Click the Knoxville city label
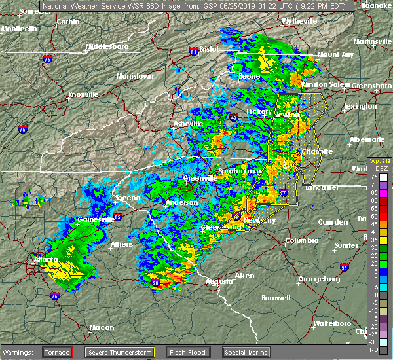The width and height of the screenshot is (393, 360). click(x=83, y=94)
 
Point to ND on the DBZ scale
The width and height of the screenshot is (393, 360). click(x=383, y=349)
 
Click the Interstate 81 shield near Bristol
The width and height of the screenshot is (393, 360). click(x=194, y=50)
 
